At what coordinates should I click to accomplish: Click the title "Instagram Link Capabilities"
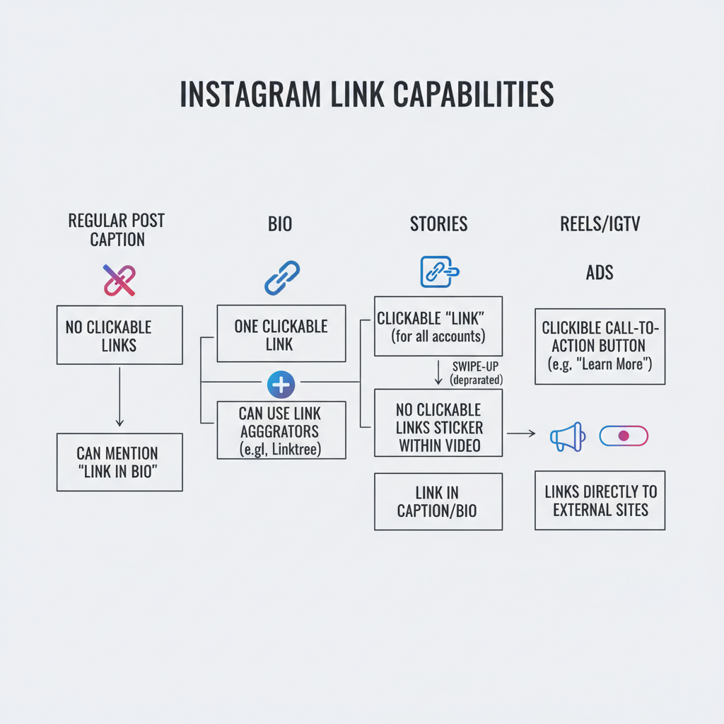tap(366, 95)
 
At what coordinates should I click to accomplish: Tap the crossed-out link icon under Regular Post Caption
tap(119, 280)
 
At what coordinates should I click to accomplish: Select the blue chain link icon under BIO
tap(282, 278)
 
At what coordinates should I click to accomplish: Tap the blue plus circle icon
tap(281, 385)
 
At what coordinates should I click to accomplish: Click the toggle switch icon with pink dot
tap(623, 436)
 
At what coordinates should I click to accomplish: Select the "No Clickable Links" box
tap(119, 335)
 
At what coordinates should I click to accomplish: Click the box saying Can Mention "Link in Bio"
tap(119, 462)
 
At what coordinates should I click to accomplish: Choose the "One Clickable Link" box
tap(281, 334)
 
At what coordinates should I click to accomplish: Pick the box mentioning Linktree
tap(281, 430)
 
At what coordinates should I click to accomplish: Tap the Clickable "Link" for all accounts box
tap(438, 326)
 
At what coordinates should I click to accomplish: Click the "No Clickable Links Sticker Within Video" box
tap(438, 427)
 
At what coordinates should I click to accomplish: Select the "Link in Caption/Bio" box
tap(438, 501)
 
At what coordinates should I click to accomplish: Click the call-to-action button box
tap(600, 346)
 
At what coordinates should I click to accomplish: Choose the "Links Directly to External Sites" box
tap(600, 500)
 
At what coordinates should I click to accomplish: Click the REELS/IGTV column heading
tap(600, 224)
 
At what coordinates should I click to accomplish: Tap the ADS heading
tap(600, 272)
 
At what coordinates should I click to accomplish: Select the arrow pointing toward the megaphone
tap(521, 433)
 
